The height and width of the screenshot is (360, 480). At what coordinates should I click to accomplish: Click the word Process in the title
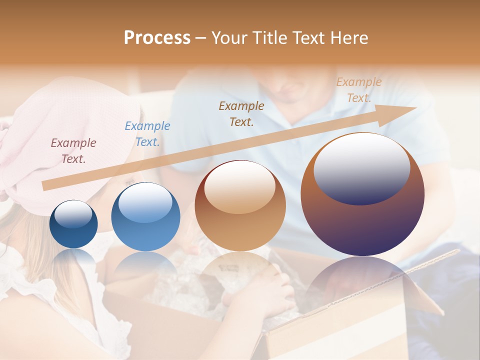click(157, 38)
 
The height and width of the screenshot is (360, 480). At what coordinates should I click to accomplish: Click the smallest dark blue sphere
click(73, 224)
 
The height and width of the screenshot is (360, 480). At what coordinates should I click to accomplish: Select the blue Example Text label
click(147, 134)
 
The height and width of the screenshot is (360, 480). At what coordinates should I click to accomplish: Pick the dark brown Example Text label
click(241, 114)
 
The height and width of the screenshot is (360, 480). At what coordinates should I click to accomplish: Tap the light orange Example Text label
click(359, 90)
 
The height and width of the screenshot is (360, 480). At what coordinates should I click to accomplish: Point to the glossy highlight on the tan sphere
click(239, 187)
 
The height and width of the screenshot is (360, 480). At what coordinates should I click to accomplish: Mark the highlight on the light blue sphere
click(145, 202)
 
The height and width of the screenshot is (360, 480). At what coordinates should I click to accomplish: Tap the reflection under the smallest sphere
click(73, 257)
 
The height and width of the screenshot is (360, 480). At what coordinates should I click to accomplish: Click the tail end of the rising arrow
click(45, 186)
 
